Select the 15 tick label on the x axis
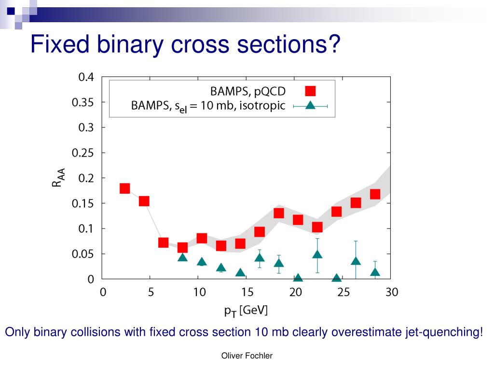[247, 292]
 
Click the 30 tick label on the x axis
[391, 292]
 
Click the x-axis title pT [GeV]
[246, 311]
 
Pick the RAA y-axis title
[58, 178]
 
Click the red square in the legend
[310, 91]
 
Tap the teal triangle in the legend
[310, 105]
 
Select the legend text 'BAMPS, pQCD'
[247, 91]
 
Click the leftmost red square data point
[124, 188]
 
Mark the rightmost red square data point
[375, 194]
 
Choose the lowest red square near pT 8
[182, 248]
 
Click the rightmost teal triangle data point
[375, 271]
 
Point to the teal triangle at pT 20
[298, 278]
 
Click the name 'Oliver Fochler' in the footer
[247, 356]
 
